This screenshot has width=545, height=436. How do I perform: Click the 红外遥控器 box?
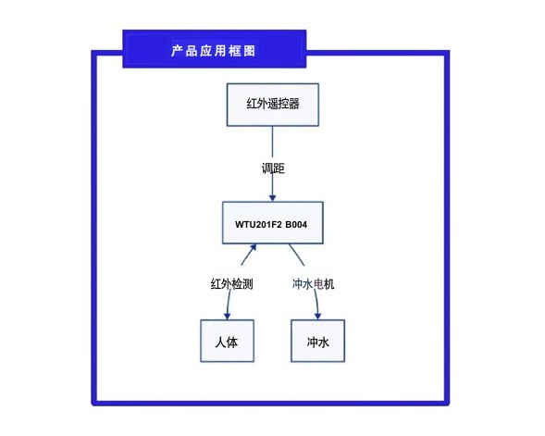pos(272,104)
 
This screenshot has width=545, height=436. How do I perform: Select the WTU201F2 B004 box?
pos(272,223)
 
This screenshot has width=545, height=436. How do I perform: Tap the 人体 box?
pos(227,341)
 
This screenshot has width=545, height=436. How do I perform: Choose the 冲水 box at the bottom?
pos(317,341)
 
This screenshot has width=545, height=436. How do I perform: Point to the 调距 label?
pos(272,168)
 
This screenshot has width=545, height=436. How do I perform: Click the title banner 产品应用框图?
pos(214,50)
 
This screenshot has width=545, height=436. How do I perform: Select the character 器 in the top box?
pos(293,104)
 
